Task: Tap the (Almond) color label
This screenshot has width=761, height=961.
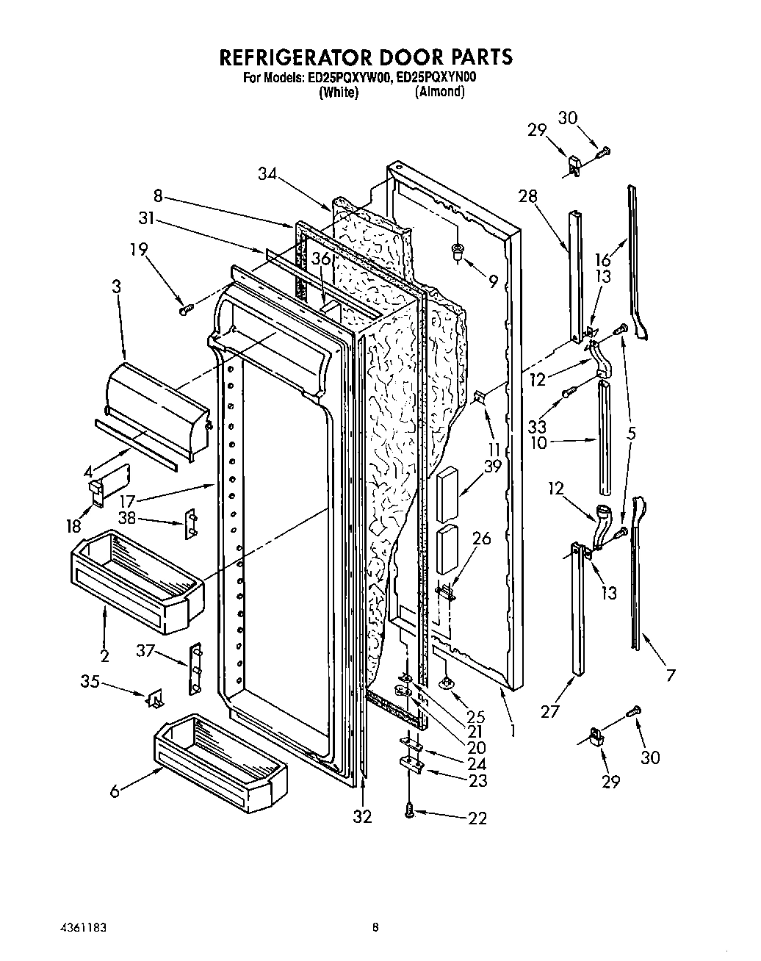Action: [439, 92]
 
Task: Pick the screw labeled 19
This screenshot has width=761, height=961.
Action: [184, 310]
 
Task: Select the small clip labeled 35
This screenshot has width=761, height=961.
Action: [155, 699]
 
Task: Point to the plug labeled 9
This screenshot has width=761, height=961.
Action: [457, 253]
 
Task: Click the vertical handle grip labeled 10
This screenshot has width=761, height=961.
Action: [604, 439]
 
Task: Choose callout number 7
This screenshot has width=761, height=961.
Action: [671, 674]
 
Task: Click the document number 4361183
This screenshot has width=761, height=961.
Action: [81, 928]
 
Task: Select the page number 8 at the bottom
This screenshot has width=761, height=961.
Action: [375, 928]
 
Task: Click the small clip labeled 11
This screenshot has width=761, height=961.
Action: [480, 397]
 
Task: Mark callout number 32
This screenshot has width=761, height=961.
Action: [362, 816]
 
